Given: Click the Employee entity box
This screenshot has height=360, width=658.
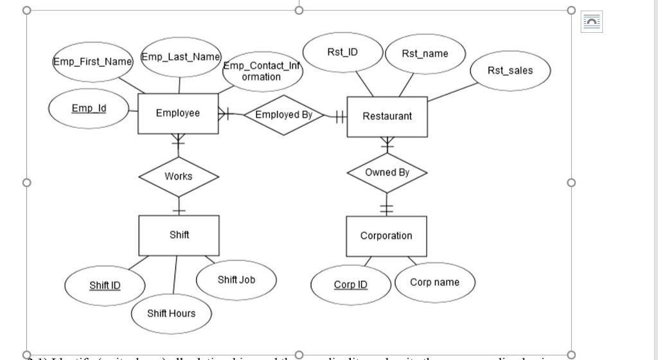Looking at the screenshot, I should (178, 114).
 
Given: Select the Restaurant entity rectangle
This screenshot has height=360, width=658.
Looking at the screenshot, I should (387, 116).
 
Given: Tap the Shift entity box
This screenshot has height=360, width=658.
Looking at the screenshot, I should (179, 235).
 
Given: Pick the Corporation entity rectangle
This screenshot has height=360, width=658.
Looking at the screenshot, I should (386, 236).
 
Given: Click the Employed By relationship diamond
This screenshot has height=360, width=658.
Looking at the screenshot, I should (283, 115).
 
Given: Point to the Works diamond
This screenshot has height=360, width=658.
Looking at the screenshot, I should (178, 176).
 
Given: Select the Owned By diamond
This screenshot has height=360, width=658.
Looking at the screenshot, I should (387, 173).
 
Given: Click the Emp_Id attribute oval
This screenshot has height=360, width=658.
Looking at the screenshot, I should (89, 109).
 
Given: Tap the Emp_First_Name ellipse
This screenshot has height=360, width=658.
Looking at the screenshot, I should (92, 62).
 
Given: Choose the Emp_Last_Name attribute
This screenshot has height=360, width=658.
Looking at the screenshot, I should (181, 57).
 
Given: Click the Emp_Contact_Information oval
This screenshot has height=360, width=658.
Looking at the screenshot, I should (262, 71).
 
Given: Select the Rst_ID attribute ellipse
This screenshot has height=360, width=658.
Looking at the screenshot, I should (342, 52).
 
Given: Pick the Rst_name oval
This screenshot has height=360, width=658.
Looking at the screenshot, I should (425, 54).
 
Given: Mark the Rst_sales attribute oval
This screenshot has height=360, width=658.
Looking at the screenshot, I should (510, 71).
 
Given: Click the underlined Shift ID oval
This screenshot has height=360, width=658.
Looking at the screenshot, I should (105, 285).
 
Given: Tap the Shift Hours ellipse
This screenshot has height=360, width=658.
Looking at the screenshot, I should (171, 313).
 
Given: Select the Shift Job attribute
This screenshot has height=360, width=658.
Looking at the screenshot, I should (236, 280).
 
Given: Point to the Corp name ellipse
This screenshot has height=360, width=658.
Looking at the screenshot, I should (435, 282).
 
